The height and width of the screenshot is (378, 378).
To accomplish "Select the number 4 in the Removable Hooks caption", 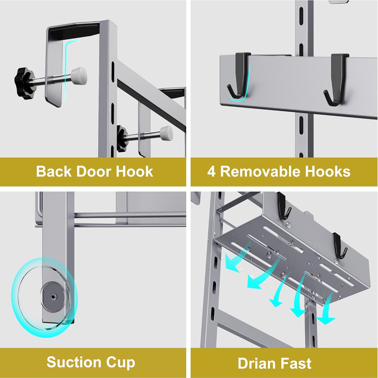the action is coord(211,172).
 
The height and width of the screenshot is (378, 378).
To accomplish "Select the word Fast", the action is coord(296,363).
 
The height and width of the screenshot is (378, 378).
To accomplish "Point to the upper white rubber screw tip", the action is coord(79,74).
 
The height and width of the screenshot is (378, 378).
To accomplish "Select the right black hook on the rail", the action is coord(336,79).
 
